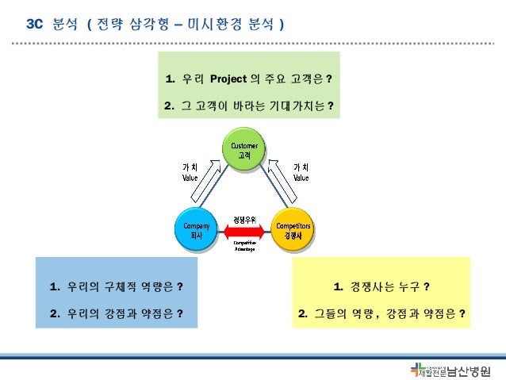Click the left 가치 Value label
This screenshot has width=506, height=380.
(x=190, y=172)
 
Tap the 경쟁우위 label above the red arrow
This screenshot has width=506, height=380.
(x=243, y=218)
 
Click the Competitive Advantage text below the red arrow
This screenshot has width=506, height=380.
(x=243, y=246)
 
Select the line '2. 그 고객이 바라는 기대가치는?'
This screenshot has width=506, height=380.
(x=248, y=106)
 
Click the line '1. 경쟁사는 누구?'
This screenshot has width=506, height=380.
(x=381, y=286)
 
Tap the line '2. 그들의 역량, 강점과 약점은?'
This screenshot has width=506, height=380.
(x=381, y=313)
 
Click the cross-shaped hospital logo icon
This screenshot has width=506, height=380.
(x=417, y=369)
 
